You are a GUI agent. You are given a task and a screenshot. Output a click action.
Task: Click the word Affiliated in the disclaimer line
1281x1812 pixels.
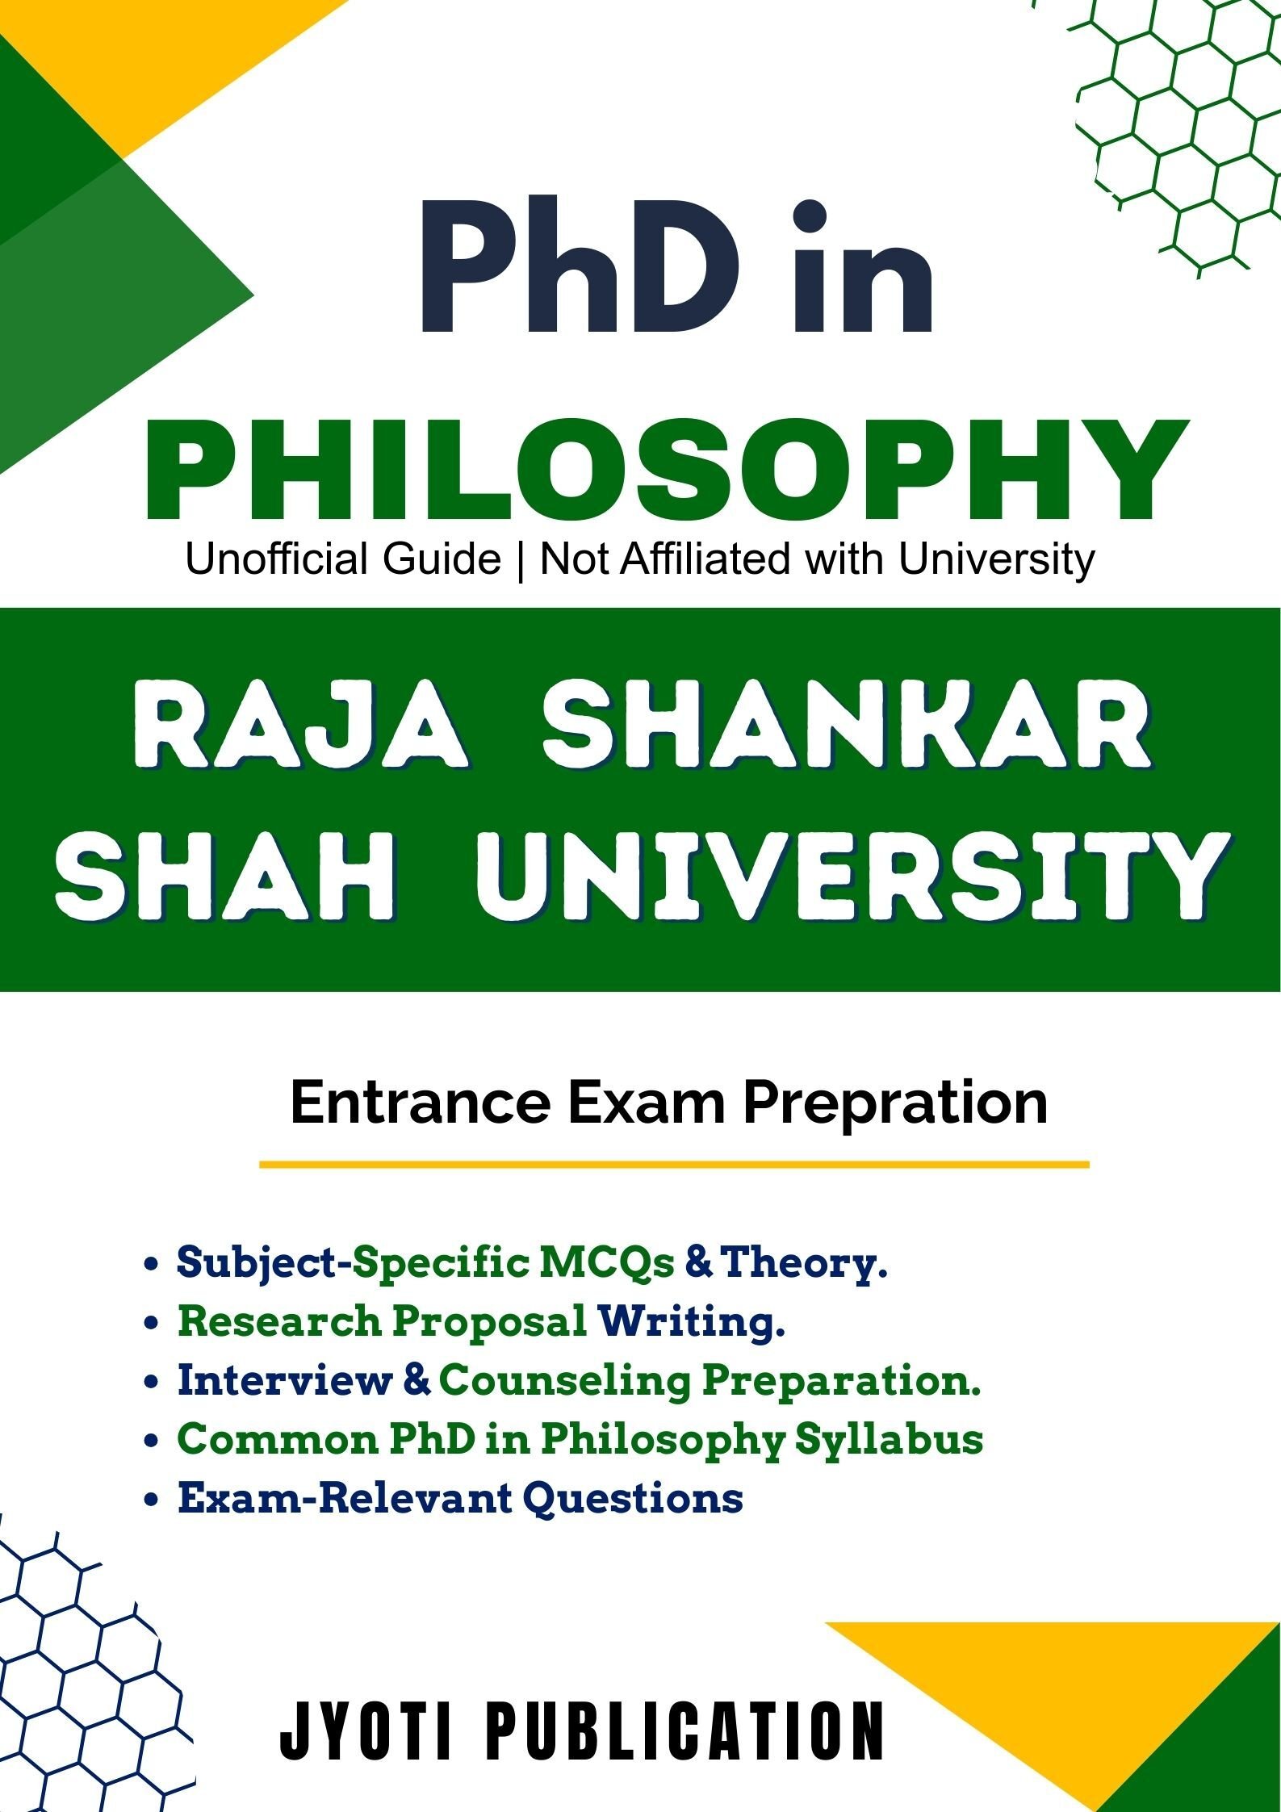click(703, 559)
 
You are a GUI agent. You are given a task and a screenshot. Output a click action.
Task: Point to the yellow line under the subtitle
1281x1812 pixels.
click(674, 1165)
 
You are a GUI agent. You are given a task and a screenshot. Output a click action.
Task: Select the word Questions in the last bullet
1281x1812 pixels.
click(633, 1499)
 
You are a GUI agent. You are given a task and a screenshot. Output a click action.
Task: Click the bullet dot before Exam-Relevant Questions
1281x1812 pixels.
click(149, 1500)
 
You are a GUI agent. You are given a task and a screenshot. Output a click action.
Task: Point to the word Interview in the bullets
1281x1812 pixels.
click(284, 1380)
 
